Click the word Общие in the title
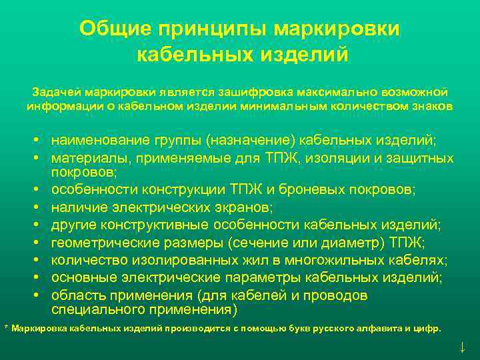pyautogui.click(x=115, y=29)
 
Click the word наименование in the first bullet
pyautogui.click(x=97, y=141)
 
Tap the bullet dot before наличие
pyautogui.click(x=41, y=207)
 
